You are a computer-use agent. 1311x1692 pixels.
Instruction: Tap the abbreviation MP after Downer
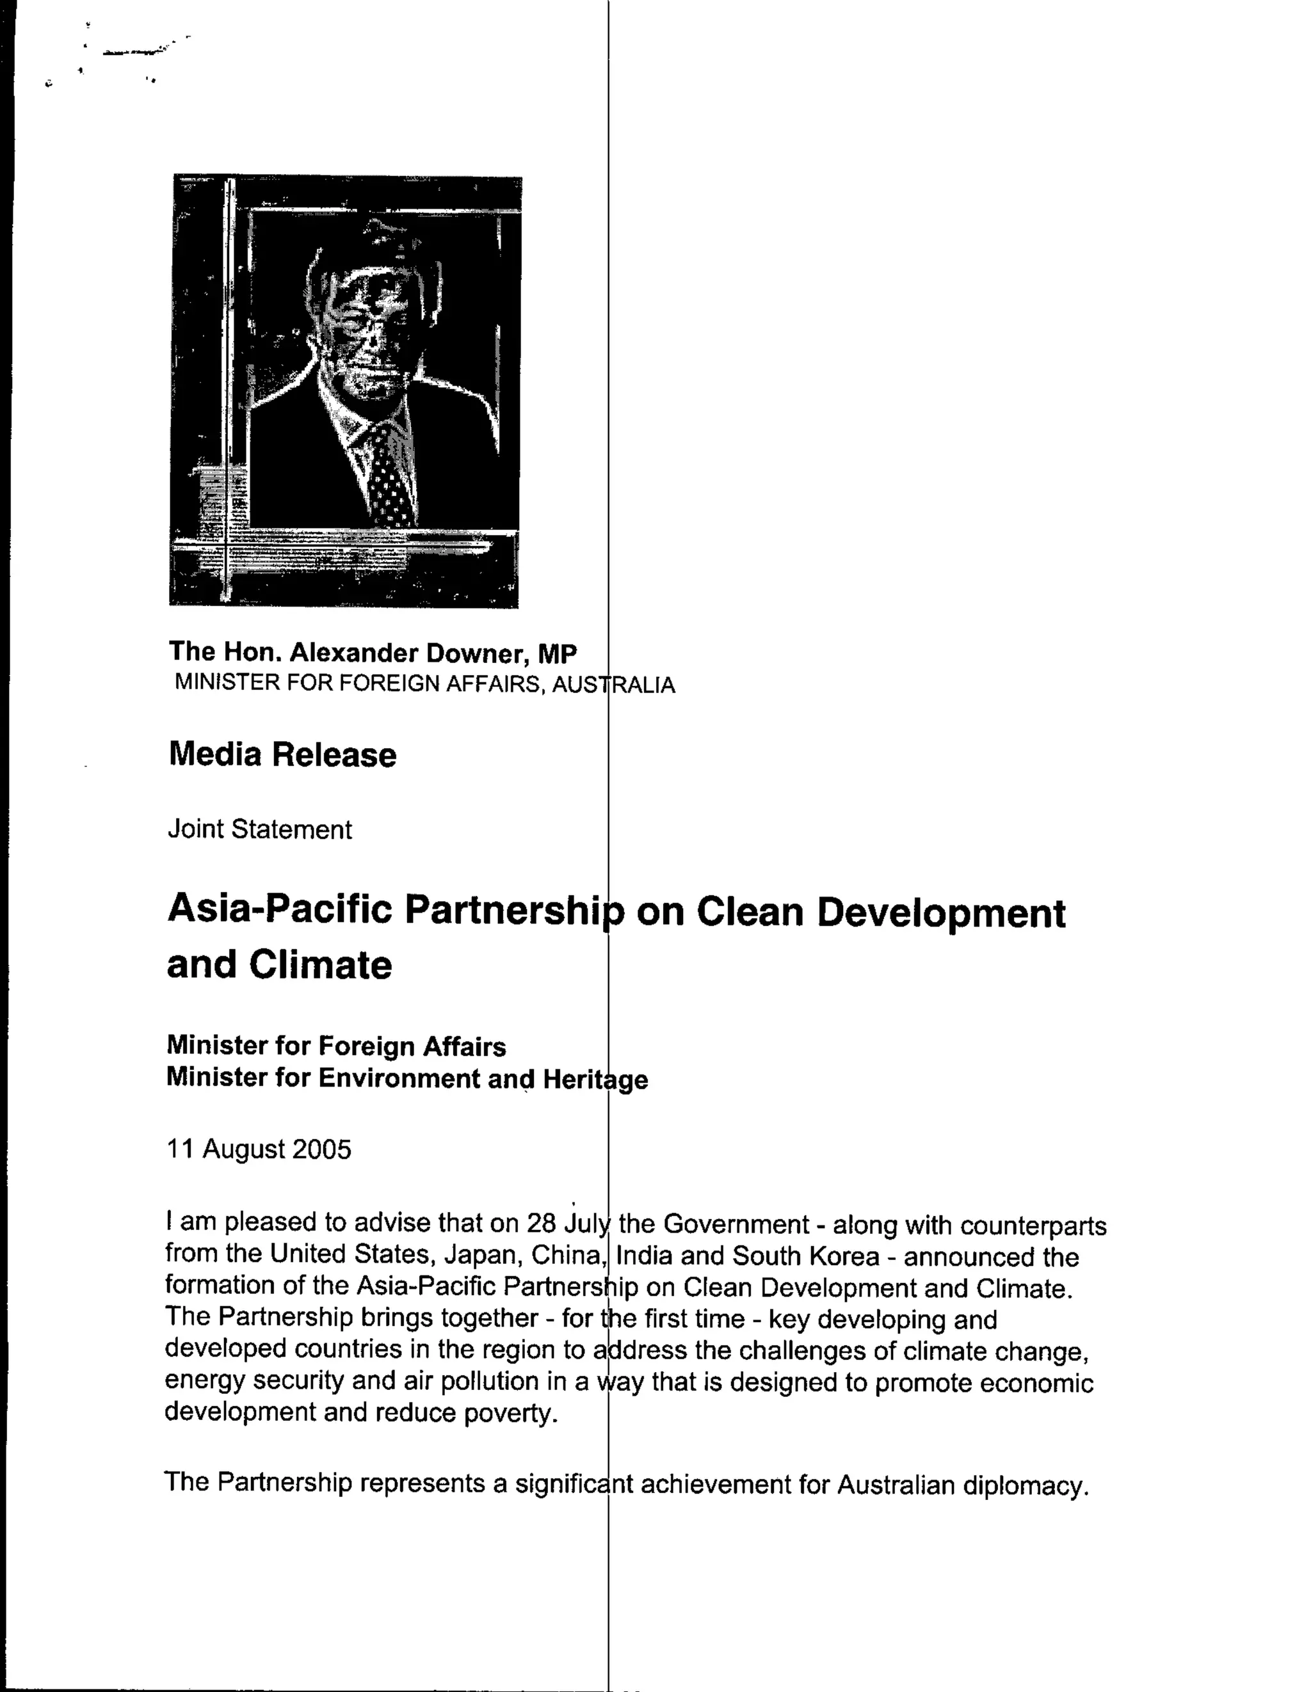tap(557, 654)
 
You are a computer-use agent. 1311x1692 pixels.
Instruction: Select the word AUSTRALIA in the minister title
tap(614, 685)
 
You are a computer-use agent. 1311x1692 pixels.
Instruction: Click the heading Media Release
tap(282, 754)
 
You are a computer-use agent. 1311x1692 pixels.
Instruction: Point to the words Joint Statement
tap(259, 829)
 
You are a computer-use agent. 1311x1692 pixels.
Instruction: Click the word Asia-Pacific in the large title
tap(280, 909)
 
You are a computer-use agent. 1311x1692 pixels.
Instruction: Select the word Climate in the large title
tap(320, 965)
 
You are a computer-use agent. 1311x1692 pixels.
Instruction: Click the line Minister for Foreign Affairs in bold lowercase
tap(335, 1046)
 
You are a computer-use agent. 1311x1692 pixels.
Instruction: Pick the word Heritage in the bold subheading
tap(595, 1079)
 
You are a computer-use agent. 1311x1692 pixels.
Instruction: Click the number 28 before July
tap(542, 1222)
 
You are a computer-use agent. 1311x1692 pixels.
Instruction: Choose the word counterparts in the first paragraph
tap(1034, 1225)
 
